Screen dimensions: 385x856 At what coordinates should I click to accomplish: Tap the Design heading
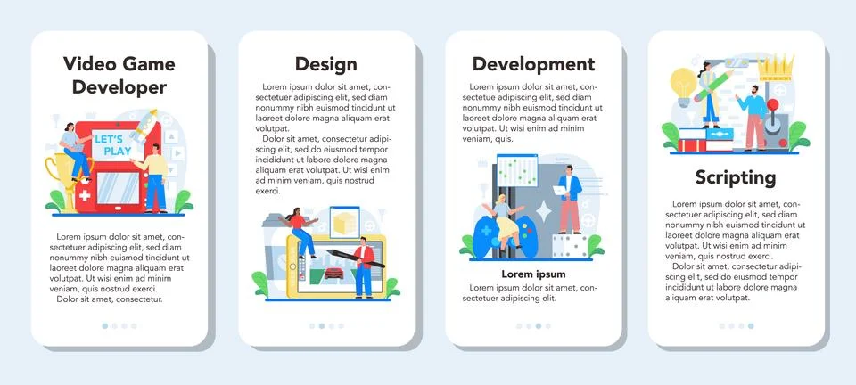tap(326, 64)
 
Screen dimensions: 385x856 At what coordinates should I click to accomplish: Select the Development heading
tap(533, 64)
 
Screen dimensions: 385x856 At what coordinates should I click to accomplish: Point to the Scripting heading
tap(736, 176)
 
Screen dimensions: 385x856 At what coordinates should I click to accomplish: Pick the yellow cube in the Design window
tap(342, 221)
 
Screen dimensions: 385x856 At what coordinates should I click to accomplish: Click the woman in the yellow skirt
tap(505, 223)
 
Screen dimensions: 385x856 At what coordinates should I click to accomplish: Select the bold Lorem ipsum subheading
tap(533, 274)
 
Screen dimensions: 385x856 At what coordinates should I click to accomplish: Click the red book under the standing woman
tap(693, 144)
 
